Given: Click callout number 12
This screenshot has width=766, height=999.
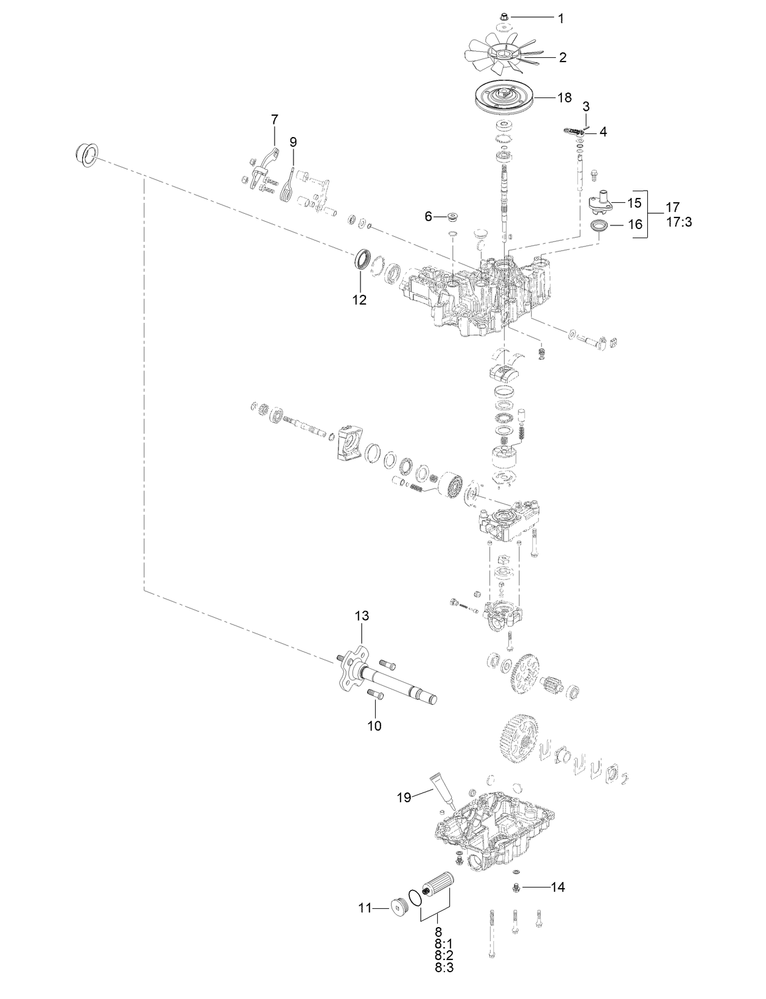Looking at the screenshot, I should click(x=360, y=300).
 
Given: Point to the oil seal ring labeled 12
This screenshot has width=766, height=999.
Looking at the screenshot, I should click(x=364, y=258).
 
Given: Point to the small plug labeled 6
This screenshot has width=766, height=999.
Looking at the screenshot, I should click(x=452, y=216).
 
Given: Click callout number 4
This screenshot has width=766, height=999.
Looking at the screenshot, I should click(x=603, y=131).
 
